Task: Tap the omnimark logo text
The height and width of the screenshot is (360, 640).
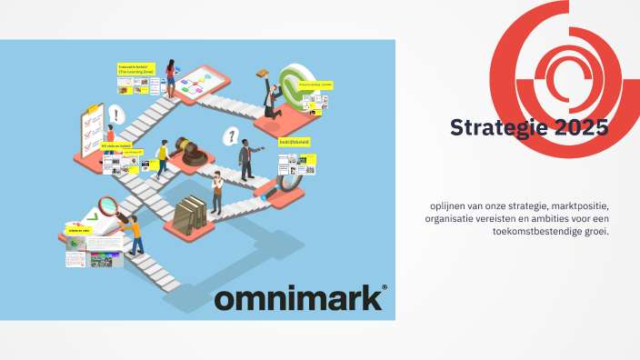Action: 299,299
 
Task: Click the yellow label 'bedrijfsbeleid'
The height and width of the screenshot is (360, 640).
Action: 295,142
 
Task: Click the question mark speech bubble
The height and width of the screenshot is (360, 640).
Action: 231,136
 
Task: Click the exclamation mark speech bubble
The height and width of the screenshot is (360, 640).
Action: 115,115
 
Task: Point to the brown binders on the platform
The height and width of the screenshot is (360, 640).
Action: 191,215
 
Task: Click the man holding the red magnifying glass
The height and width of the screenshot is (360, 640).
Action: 133,233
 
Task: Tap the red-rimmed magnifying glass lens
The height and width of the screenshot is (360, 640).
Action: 107,206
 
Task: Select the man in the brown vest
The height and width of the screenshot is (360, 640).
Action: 217,191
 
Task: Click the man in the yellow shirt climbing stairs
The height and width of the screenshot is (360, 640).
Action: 163,158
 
